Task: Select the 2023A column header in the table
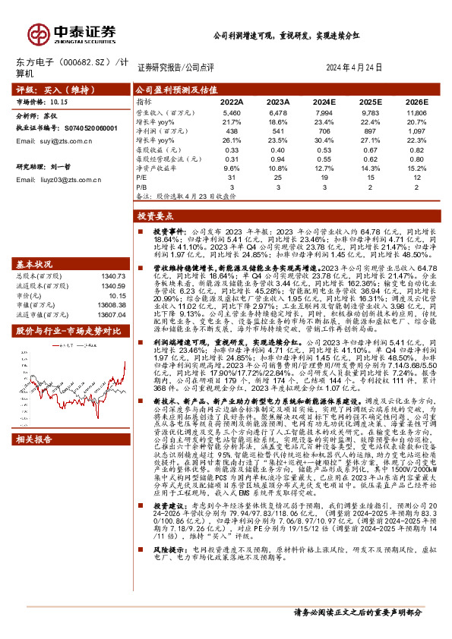click(278, 101)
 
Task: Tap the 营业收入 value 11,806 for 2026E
click(416, 112)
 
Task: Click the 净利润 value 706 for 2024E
click(324, 130)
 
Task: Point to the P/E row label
click(142, 177)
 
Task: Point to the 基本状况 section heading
click(35, 264)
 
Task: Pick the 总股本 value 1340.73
click(111, 276)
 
